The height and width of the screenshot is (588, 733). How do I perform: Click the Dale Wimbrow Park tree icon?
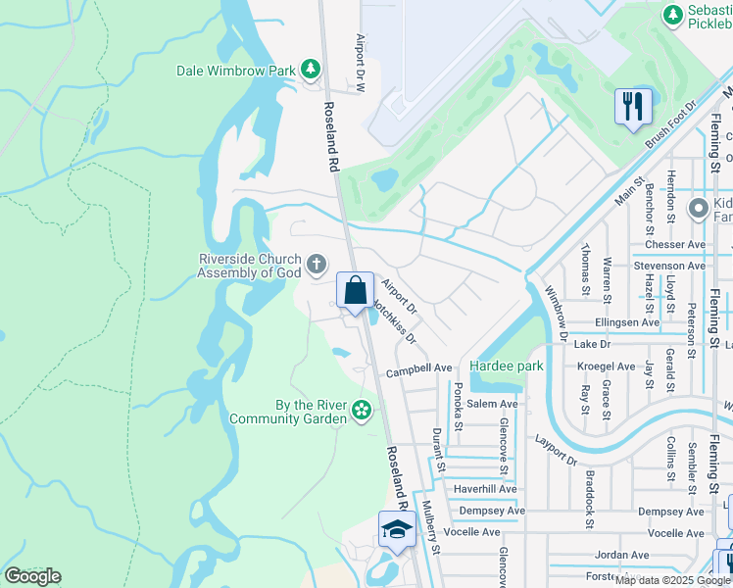pos(310,70)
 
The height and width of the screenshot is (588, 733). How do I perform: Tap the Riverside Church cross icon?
pos(316,264)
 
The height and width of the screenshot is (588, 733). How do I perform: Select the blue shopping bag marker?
pos(355,291)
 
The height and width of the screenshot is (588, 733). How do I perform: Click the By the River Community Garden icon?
pos(362,410)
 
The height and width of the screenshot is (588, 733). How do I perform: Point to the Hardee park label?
pos(506,366)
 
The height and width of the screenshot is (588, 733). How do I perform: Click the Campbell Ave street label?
pos(418,369)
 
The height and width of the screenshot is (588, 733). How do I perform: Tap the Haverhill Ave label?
pos(486,488)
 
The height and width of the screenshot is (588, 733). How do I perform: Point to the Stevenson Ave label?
pos(669,266)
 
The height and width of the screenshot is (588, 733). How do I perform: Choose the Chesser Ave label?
pos(675,244)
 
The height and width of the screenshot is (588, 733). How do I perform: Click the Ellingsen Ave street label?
pos(627,321)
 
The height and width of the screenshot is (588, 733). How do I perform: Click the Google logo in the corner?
pos(32,576)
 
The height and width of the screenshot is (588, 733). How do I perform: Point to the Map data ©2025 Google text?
pos(672,580)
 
